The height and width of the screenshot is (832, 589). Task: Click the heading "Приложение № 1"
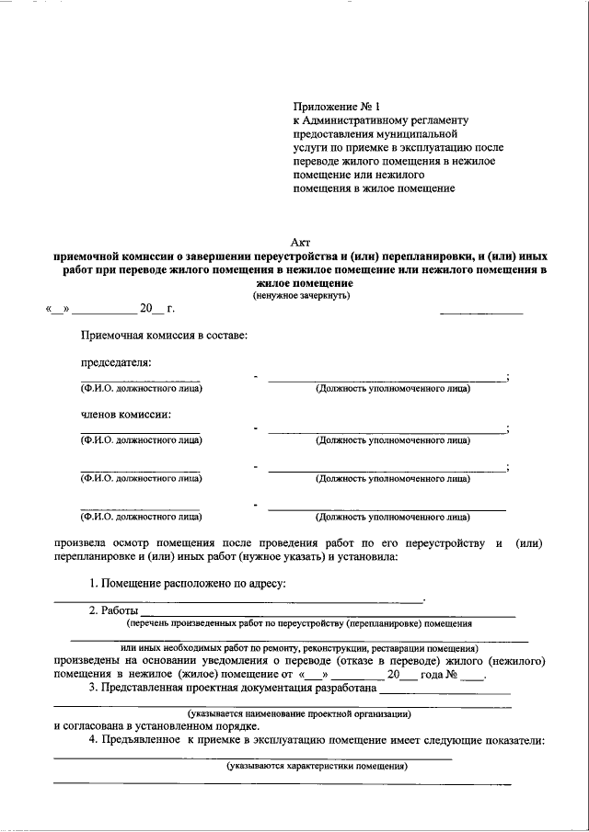(329, 107)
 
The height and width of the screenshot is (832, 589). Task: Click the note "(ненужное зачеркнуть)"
(301, 295)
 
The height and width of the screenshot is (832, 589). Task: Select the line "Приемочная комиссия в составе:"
(164, 336)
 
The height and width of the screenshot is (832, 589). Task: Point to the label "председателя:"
(116, 362)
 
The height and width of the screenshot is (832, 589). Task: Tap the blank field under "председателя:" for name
(140, 379)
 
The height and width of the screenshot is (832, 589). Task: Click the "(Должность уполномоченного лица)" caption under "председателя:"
(392, 389)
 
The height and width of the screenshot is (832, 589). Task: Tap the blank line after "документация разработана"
(445, 690)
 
